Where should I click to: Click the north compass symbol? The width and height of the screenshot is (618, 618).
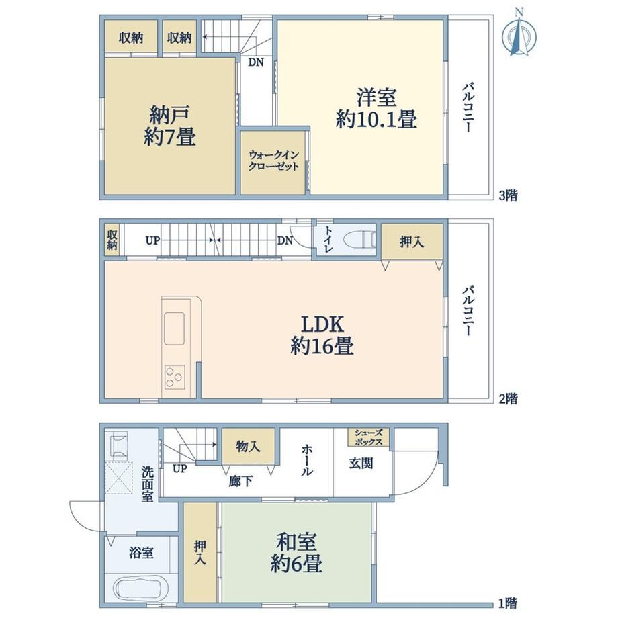coord(519,35)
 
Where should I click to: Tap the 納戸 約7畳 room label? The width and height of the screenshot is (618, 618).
coord(169,126)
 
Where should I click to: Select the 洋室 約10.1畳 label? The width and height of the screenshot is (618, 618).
coord(376,108)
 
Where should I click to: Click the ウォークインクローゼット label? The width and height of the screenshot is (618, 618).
coord(273,161)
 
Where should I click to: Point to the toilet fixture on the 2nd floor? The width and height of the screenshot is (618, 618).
coord(359,240)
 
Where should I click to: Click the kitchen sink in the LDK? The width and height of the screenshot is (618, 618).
coord(174,328)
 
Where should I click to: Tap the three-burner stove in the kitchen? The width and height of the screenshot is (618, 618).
coord(175,378)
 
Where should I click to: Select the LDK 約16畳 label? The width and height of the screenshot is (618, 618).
coord(322,335)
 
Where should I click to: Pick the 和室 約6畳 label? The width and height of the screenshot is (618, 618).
coord(296,552)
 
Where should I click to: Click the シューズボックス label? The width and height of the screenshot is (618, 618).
coord(369,437)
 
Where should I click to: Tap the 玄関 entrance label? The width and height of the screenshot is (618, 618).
coord(361,463)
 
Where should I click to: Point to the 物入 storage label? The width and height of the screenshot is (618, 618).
coord(248,447)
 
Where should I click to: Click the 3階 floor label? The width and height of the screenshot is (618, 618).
coord(509,195)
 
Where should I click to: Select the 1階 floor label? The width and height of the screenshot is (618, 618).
coord(508,603)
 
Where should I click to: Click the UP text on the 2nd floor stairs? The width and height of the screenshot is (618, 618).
coord(152,240)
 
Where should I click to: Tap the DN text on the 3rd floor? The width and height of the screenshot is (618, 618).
coord(256,62)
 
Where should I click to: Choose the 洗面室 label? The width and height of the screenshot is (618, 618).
coord(147,484)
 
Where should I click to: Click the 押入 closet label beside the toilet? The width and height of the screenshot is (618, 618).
coord(412,242)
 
